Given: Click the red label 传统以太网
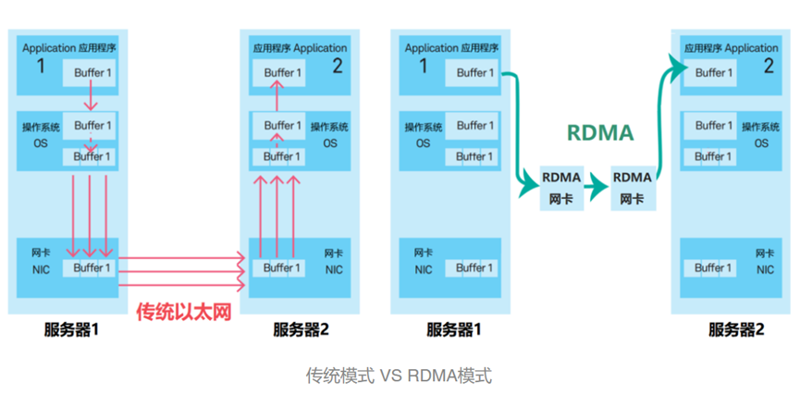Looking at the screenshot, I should pos(183,313).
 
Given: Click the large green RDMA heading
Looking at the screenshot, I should pos(600,132).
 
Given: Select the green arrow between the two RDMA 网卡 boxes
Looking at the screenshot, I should pos(597,187).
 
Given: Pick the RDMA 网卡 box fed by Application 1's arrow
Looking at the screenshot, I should pos(562,187).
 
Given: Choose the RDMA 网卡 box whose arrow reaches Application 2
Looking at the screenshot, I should pos(633,187).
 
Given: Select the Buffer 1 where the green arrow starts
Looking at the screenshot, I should pos(471,72).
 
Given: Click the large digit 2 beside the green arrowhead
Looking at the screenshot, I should pos(769,67).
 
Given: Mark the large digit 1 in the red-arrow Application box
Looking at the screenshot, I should pos(40,67).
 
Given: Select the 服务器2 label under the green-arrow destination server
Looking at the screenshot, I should pos(736,329).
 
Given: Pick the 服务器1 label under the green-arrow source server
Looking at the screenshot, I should pos(453,329).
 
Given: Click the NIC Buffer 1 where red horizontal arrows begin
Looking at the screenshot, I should pos(91,268).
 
